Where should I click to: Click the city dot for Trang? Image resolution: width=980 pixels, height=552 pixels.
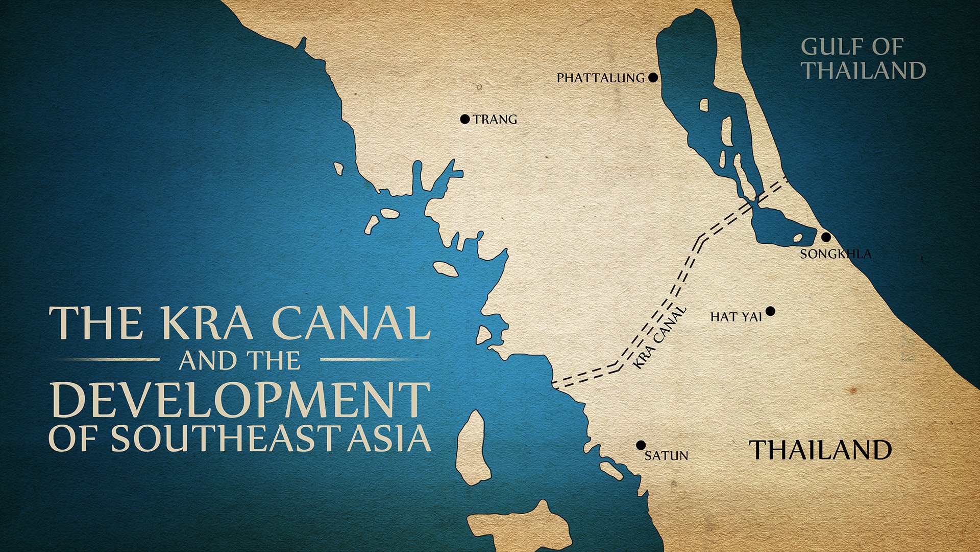pyautogui.click(x=464, y=119)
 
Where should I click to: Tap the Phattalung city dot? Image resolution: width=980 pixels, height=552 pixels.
pyautogui.click(x=653, y=78)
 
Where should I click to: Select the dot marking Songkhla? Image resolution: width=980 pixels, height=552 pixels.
pyautogui.click(x=825, y=237)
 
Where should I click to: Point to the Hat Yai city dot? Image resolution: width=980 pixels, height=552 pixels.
pyautogui.click(x=771, y=311)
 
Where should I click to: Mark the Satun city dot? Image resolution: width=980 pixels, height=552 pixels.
pyautogui.click(x=641, y=445)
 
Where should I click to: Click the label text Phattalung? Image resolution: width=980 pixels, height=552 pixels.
pyautogui.click(x=601, y=78)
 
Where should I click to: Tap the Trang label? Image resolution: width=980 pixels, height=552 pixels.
pyautogui.click(x=495, y=120)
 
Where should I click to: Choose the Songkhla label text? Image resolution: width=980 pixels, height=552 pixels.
pyautogui.click(x=836, y=254)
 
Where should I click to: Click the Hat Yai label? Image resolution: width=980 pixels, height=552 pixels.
pyautogui.click(x=736, y=317)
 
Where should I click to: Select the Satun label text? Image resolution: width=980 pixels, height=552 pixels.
pyautogui.click(x=666, y=455)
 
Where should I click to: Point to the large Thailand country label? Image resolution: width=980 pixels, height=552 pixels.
pyautogui.click(x=820, y=450)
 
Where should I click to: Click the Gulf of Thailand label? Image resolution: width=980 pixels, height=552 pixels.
pyautogui.click(x=863, y=59)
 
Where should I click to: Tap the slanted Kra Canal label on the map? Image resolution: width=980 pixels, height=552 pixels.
pyautogui.click(x=659, y=338)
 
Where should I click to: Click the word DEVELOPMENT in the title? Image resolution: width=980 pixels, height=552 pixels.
pyautogui.click(x=240, y=400)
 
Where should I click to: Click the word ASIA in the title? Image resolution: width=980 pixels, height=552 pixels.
pyautogui.click(x=389, y=438)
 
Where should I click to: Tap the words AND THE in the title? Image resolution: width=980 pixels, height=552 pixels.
pyautogui.click(x=240, y=361)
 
